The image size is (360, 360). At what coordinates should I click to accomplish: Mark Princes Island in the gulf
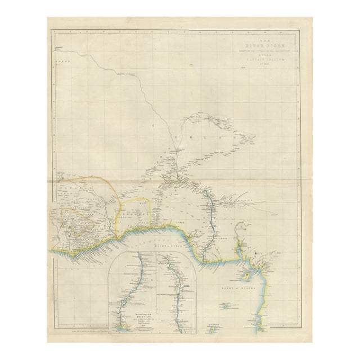226,308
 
